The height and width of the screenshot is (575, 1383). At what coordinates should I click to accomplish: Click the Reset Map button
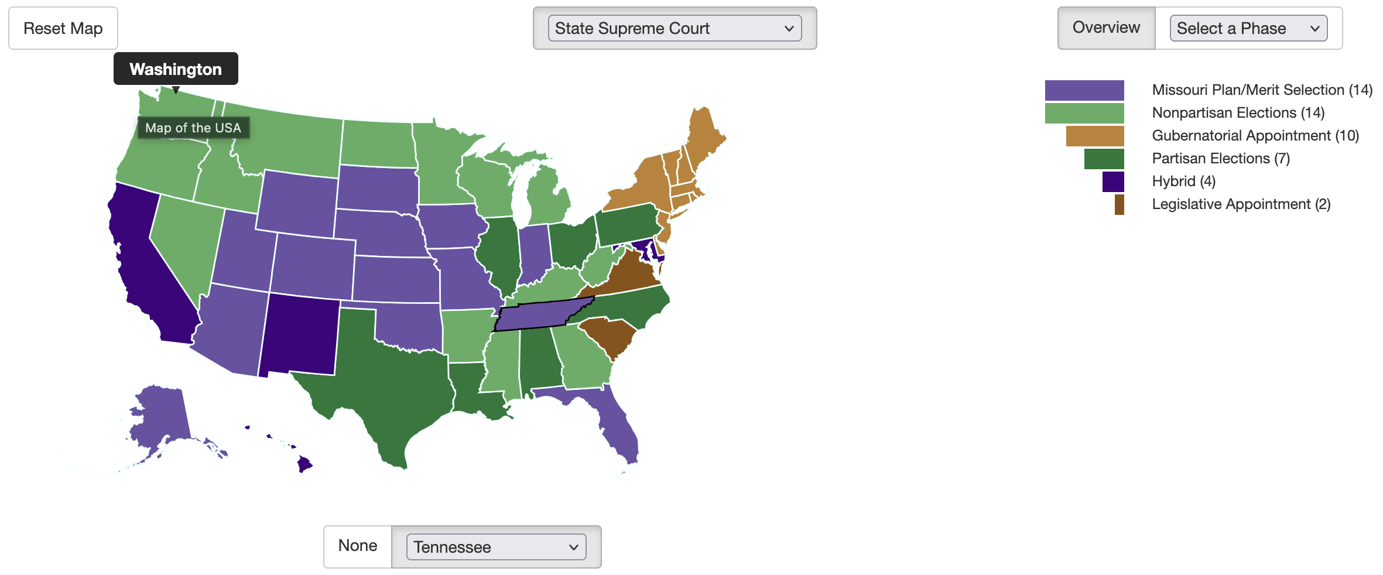tap(63, 28)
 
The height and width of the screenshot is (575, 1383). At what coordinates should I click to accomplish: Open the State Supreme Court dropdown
tap(674, 28)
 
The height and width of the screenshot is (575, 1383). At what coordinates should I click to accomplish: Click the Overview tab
tap(1106, 28)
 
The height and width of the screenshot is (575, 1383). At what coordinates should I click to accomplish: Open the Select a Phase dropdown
tap(1248, 28)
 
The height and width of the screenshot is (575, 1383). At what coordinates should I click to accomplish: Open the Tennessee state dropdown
tap(496, 547)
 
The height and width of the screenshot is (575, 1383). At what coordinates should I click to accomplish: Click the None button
tap(358, 546)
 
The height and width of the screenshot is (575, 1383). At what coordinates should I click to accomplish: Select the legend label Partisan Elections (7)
tap(1221, 158)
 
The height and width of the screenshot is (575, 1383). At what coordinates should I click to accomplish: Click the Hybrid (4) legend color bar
tap(1112, 182)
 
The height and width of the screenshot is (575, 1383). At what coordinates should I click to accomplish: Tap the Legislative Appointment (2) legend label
tap(1241, 204)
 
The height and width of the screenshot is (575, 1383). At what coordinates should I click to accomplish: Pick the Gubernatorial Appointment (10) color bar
tap(1094, 136)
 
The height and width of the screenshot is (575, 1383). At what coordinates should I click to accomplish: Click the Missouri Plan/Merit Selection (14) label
tap(1262, 90)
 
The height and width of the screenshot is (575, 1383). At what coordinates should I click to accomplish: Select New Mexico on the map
tap(299, 337)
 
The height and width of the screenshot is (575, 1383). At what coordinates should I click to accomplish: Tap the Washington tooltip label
tap(176, 69)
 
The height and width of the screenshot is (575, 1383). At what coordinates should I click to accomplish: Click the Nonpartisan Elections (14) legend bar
tap(1084, 113)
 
